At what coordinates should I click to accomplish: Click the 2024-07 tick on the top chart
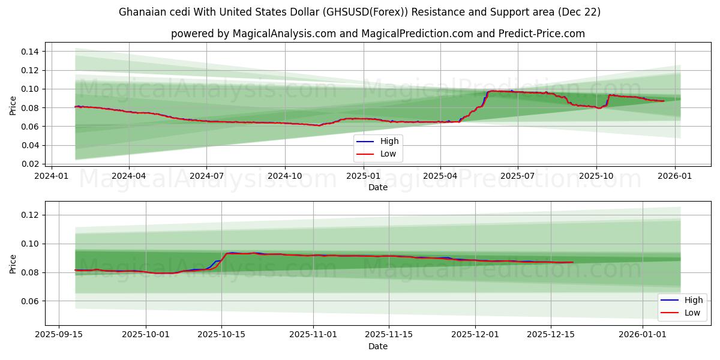pyautogui.click(x=206, y=176)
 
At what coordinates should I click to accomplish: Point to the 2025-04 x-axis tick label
pyautogui.click(x=440, y=176)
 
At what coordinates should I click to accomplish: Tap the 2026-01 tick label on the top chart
pyautogui.click(x=675, y=176)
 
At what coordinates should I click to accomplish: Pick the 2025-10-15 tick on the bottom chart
pyautogui.click(x=221, y=335)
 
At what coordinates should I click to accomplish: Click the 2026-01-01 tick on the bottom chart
pyautogui.click(x=643, y=335)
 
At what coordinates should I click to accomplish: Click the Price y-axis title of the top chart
pyautogui.click(x=13, y=106)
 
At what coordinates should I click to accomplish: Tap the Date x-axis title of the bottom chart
pyautogui.click(x=378, y=346)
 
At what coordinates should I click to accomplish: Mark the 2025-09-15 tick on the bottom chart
pyautogui.click(x=58, y=335)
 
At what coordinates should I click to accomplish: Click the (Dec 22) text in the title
pyautogui.click(x=580, y=12)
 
